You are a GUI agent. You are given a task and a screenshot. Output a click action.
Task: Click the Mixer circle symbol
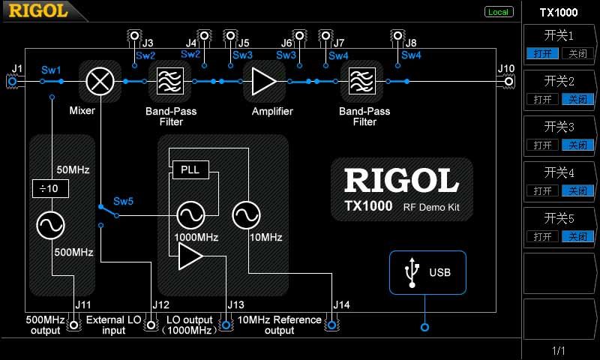coord(97,80)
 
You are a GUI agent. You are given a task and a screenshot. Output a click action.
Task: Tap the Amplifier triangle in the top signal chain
coord(263,81)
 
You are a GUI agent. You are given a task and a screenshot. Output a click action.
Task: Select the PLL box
coord(190,169)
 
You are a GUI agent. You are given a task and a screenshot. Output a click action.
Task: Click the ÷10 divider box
coord(51,188)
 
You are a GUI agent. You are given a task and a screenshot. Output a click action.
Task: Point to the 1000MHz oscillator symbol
coord(190,216)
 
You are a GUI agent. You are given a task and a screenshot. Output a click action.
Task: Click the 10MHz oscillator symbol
coord(246,216)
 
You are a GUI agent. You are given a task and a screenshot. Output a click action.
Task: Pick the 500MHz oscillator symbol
coord(51,224)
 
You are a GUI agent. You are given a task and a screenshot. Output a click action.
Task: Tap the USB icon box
coord(427,272)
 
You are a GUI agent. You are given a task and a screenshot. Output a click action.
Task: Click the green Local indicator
coord(498,12)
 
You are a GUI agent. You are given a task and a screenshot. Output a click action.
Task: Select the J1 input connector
coord(12,81)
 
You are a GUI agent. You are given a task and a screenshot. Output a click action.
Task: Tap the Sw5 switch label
coord(124,202)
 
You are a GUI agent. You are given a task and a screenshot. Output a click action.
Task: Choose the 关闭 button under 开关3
coord(577,145)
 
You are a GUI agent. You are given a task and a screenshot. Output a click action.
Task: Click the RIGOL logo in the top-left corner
coord(37,10)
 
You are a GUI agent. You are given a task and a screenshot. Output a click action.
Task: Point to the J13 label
coord(235,304)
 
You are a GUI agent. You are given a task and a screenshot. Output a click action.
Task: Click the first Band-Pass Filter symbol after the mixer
coord(172,81)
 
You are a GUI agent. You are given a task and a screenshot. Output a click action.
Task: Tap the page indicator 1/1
coord(559,351)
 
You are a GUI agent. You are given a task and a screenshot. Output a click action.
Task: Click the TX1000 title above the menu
coord(559,12)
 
